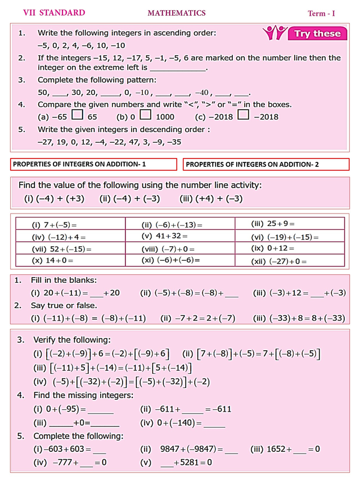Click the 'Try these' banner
318,34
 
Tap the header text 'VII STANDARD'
54,12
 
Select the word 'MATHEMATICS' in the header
177,13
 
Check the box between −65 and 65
78,116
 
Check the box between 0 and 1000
145,116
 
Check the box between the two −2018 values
243,116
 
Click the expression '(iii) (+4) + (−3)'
211,198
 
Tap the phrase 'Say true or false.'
64,306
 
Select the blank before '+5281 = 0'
166,463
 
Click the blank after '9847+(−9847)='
231,450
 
